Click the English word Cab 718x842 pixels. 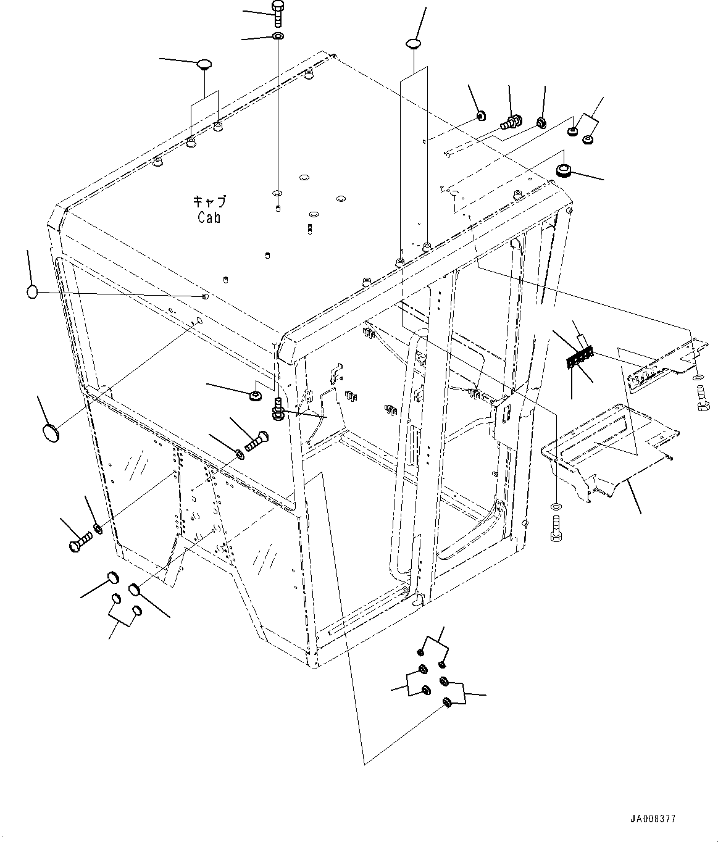tap(209, 217)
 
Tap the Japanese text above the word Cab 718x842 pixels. tap(209, 201)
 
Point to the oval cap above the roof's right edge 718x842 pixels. tap(414, 43)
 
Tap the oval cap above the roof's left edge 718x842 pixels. tap(204, 64)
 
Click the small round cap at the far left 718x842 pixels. tap(31, 292)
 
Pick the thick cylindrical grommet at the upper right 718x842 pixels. tap(564, 170)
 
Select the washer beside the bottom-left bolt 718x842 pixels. tap(98, 529)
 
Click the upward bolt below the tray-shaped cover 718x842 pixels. tap(556, 528)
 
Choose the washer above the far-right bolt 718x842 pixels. tap(698, 378)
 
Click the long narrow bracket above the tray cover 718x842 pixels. tap(668, 367)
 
